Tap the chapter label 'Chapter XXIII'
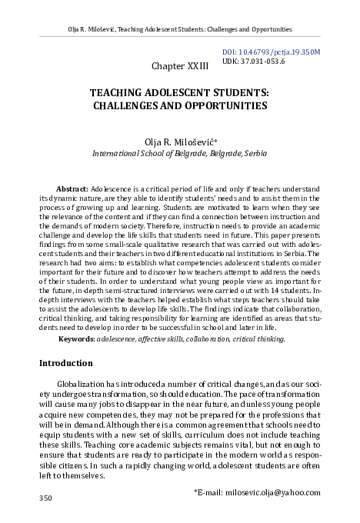[x=179, y=68]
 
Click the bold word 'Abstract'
[x=73, y=188]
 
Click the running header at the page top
[x=179, y=29]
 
